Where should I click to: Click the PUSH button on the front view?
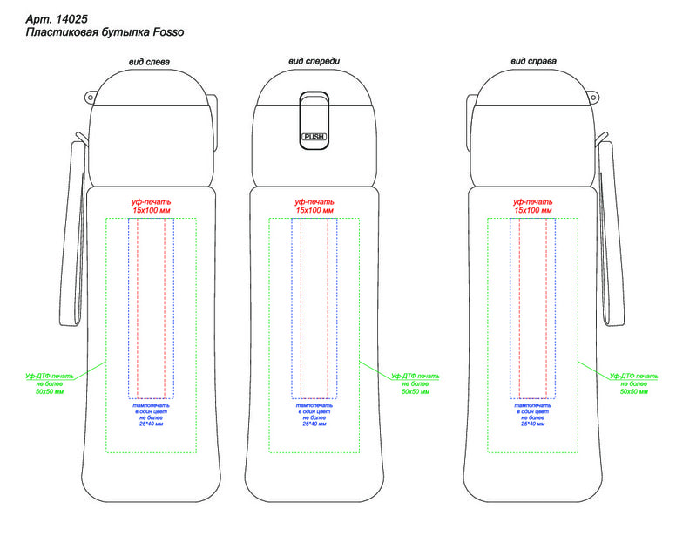(314, 137)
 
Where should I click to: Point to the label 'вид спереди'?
(314, 62)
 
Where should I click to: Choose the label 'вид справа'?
(533, 62)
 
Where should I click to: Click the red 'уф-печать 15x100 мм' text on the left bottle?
(152, 206)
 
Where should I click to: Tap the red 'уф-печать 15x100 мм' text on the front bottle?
(314, 206)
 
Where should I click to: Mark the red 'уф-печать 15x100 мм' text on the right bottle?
(533, 206)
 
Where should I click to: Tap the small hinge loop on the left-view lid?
(90, 97)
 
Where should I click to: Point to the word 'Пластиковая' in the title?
(59, 31)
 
